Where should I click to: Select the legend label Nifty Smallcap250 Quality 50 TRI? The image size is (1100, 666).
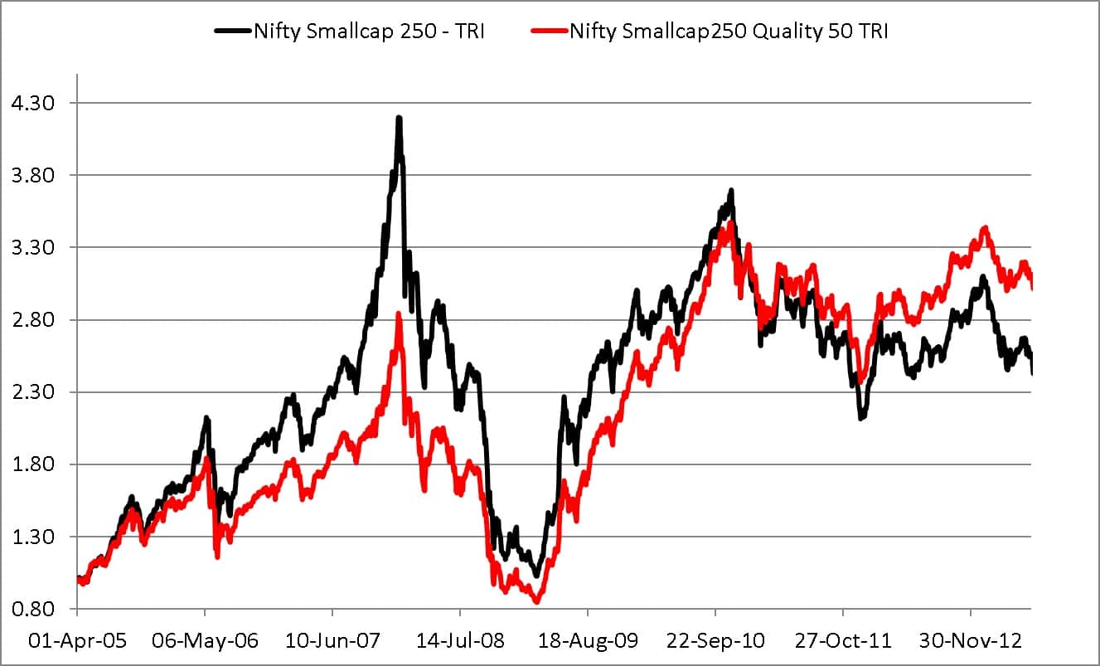pyautogui.click(x=729, y=32)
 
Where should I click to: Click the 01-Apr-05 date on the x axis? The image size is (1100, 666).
pyautogui.click(x=77, y=641)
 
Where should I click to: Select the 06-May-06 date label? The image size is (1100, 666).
pyautogui.click(x=205, y=641)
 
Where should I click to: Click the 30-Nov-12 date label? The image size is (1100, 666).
pyautogui.click(x=971, y=641)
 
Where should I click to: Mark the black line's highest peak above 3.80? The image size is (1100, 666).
pyautogui.click(x=399, y=119)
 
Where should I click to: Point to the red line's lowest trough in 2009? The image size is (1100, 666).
pyautogui.click(x=537, y=601)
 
